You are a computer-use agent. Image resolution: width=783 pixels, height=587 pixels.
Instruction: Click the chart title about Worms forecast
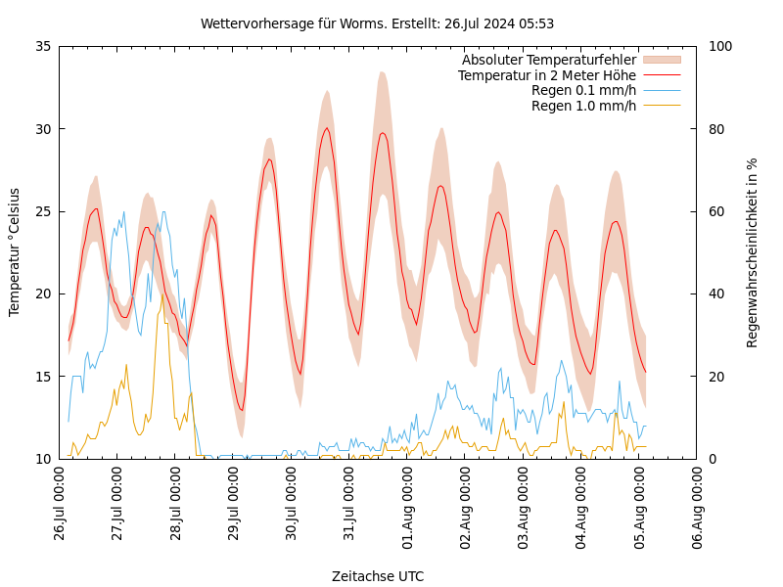(x=377, y=23)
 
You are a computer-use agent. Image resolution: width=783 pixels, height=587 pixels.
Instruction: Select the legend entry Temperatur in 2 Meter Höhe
(x=546, y=75)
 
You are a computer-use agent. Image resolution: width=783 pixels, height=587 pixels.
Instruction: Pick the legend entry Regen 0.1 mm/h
(x=583, y=90)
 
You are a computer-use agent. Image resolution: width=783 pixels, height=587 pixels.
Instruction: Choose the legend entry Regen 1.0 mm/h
(x=583, y=106)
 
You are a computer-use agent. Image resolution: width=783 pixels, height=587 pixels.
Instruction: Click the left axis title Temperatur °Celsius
(x=15, y=251)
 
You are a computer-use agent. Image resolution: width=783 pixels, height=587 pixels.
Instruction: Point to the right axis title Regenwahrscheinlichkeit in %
(x=753, y=252)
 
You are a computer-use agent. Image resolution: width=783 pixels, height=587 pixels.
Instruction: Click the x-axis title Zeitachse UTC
(x=378, y=576)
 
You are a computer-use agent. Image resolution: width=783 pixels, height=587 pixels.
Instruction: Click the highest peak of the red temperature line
(x=327, y=127)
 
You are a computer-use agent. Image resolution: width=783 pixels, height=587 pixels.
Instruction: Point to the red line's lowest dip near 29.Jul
(x=242, y=410)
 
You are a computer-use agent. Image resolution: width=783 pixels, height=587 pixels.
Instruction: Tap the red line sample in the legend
(x=662, y=75)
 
